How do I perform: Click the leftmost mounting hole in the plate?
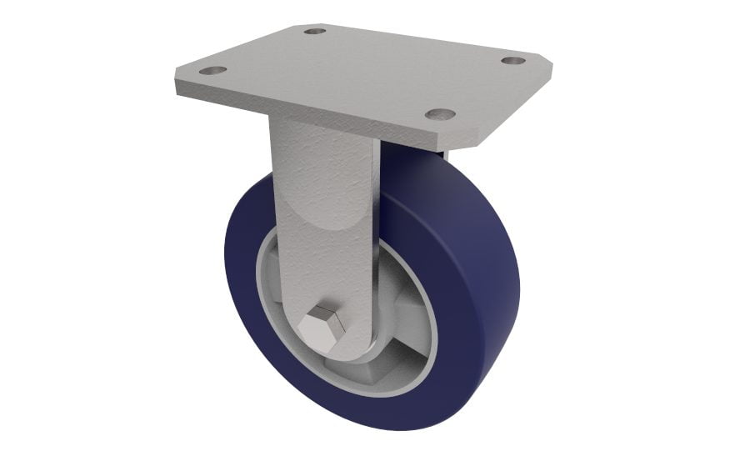point(213,72)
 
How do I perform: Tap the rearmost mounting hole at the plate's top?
point(314,32)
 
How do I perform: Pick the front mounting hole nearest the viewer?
point(441,114)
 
